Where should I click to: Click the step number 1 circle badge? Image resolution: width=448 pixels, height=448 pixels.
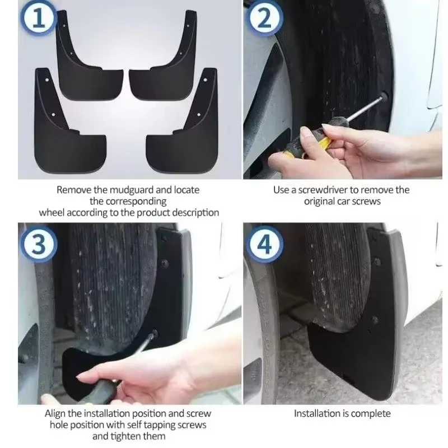point(38,18)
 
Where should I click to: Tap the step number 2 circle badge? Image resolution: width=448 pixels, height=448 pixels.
point(265,18)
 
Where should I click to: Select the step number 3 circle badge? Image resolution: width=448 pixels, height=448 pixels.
point(39,244)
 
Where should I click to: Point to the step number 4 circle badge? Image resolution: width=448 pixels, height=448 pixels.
point(265,244)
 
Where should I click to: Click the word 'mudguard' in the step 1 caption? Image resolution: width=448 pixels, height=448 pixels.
point(132,190)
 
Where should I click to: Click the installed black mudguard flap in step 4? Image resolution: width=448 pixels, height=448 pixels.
point(363,343)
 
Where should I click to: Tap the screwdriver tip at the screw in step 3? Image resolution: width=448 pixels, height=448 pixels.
point(154,334)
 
